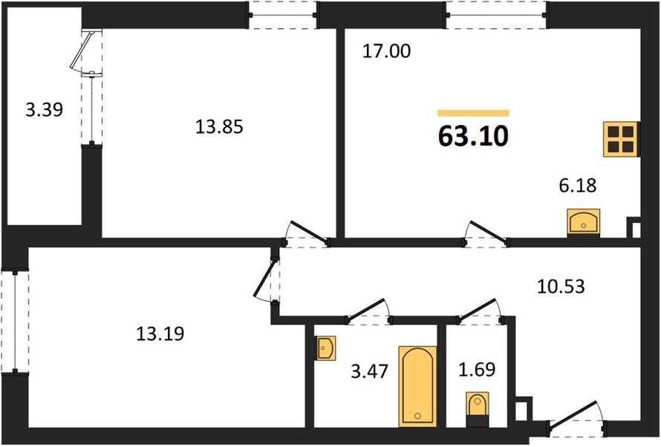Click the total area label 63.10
pyautogui.click(x=473, y=136)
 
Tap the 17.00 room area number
pyautogui.click(x=386, y=51)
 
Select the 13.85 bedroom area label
pyautogui.click(x=219, y=126)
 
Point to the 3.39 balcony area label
pyautogui.click(x=45, y=110)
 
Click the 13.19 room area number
pyautogui.click(x=160, y=334)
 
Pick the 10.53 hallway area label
pyautogui.click(x=561, y=286)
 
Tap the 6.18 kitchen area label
pyautogui.click(x=578, y=185)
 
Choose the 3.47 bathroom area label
pyautogui.click(x=369, y=372)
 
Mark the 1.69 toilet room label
pyautogui.click(x=477, y=369)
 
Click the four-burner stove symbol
pyautogui.click(x=622, y=139)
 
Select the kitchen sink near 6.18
pyautogui.click(x=584, y=222)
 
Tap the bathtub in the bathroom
pyautogui.click(x=417, y=387)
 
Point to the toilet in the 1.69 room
pyautogui.click(x=478, y=410)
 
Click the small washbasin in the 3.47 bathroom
pyautogui.click(x=325, y=348)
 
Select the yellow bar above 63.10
pyautogui.click(x=473, y=113)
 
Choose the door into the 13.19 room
pyautogui.click(x=266, y=279)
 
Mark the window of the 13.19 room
pyautogui.click(x=15, y=320)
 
